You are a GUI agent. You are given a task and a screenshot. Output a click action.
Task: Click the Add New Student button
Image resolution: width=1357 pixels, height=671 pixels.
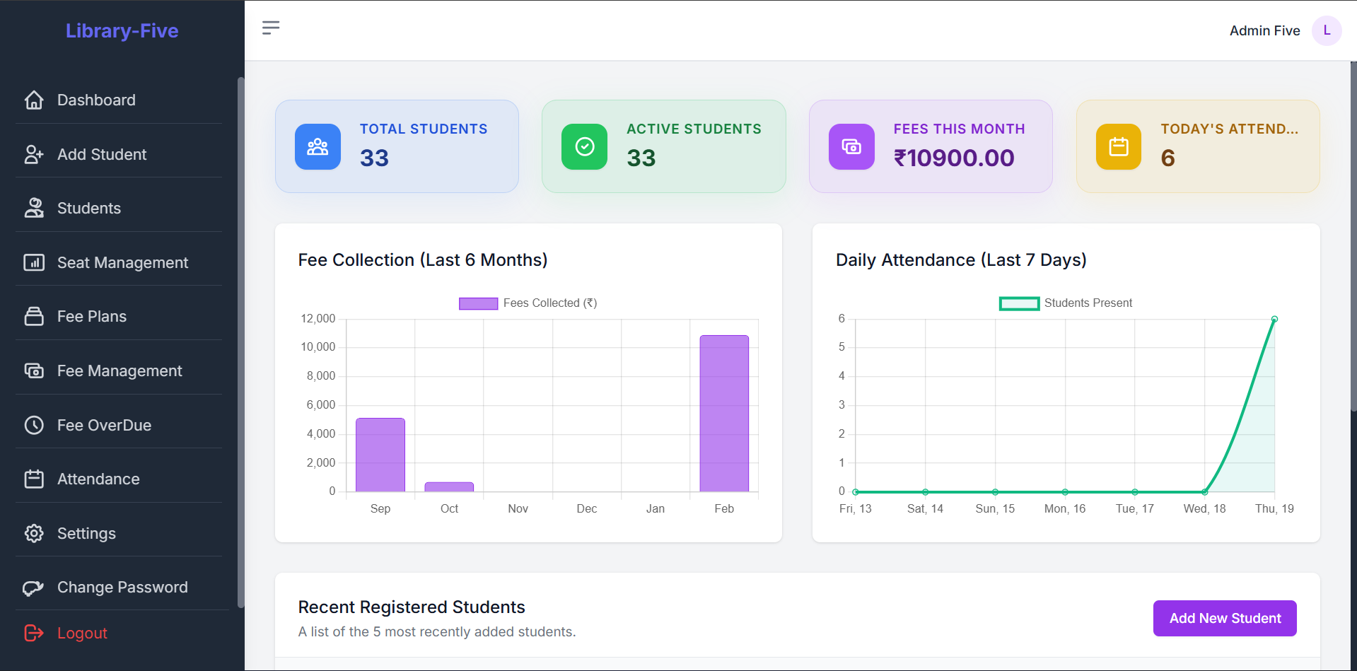[1224, 618]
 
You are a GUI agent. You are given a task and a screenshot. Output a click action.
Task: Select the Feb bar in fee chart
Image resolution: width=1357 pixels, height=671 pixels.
[723, 414]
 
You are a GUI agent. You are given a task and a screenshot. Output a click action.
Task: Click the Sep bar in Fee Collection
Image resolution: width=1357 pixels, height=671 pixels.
[380, 455]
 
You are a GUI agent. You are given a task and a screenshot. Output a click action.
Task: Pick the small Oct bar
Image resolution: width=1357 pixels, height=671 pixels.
[449, 487]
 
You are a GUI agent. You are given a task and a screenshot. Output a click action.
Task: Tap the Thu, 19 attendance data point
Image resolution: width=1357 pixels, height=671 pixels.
[1274, 320]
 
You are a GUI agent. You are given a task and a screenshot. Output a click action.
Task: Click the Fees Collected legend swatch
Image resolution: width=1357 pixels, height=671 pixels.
[478, 303]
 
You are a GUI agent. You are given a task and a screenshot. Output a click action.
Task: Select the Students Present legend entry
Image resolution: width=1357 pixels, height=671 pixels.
[1066, 303]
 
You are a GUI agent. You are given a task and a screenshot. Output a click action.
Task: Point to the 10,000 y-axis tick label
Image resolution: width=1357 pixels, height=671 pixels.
[318, 347]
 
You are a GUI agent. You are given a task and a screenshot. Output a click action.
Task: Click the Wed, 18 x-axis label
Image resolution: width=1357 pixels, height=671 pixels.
[1204, 508]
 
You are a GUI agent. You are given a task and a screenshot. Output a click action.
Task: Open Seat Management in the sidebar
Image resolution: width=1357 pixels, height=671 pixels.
[122, 262]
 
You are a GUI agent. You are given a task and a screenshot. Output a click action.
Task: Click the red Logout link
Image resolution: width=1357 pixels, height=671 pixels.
[81, 633]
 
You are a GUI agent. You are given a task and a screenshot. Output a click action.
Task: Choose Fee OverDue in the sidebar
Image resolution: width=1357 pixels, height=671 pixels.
[103, 425]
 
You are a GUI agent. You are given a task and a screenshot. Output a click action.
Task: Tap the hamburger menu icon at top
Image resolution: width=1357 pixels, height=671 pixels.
[271, 28]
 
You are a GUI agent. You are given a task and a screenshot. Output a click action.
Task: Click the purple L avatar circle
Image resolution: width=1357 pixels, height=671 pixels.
[1326, 30]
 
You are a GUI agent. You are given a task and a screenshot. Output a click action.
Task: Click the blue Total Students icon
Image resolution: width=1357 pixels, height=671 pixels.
[318, 146]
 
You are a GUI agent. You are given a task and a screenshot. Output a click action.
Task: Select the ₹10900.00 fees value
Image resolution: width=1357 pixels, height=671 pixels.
[953, 158]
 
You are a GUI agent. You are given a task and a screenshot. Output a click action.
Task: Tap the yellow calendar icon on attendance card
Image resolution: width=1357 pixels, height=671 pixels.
[1118, 146]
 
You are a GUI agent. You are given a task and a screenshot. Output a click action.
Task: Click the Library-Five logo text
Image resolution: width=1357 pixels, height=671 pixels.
[122, 30]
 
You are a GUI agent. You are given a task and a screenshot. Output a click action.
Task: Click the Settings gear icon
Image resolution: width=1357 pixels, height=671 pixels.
[34, 533]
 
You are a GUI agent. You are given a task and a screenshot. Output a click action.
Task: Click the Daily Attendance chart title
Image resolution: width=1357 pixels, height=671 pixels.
[960, 259]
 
